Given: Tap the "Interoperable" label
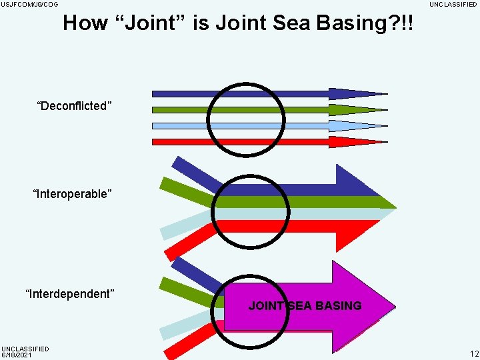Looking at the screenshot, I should click(72, 194).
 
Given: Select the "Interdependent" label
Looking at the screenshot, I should click(70, 294).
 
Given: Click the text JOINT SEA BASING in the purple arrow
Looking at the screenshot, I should click(305, 306).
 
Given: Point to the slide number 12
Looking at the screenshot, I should click(473, 353).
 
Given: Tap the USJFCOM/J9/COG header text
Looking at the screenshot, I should click(29, 5).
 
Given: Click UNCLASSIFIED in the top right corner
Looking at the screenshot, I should click(453, 5).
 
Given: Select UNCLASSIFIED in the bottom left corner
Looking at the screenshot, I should click(25, 349).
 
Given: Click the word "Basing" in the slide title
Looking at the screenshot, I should click(375, 23).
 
